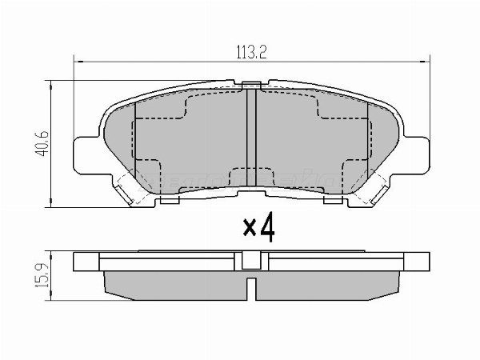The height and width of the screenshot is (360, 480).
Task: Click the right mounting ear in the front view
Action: click(x=417, y=154)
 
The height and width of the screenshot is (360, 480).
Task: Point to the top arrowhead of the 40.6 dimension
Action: click(x=53, y=83)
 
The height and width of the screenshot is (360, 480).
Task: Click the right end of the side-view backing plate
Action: click(x=422, y=261)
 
